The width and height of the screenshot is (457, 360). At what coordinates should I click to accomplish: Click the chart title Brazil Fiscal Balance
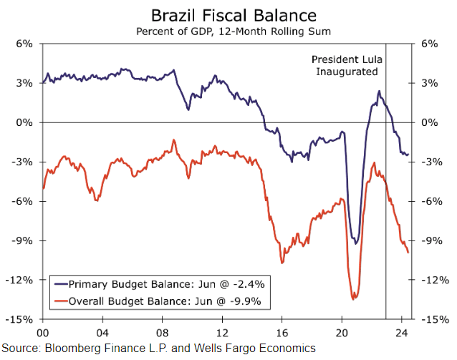[x=228, y=14]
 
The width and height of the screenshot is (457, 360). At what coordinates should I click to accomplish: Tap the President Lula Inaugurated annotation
[x=345, y=66]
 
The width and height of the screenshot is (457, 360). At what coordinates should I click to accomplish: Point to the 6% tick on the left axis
[x=24, y=44]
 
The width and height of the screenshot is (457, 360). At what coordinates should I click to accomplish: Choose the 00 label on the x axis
[x=42, y=333]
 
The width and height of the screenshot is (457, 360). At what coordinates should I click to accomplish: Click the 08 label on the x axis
[x=163, y=333]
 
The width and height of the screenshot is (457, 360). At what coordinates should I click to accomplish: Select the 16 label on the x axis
[x=283, y=333]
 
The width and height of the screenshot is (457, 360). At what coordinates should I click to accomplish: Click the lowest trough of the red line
[x=353, y=299]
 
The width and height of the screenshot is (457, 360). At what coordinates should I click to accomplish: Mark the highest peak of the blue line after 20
[x=378, y=91]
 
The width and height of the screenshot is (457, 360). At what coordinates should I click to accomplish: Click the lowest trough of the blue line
[x=355, y=243]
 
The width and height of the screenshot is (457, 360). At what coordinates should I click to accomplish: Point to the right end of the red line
[x=408, y=252]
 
